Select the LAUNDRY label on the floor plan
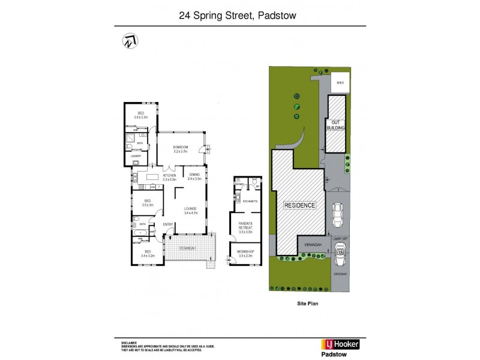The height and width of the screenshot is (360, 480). pyautogui.click(x=136, y=156)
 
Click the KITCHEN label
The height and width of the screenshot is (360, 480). pyautogui.click(x=169, y=175)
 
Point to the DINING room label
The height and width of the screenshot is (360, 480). pyautogui.click(x=193, y=175)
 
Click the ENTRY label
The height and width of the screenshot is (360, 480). pyautogui.click(x=167, y=224)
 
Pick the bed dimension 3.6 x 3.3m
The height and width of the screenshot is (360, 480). pyautogui.click(x=141, y=118)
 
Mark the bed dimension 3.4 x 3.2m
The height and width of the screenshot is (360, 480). pyautogui.click(x=148, y=256)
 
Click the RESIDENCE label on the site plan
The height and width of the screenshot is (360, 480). pyautogui.click(x=300, y=205)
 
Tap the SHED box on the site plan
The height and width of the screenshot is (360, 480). pyautogui.click(x=340, y=83)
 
